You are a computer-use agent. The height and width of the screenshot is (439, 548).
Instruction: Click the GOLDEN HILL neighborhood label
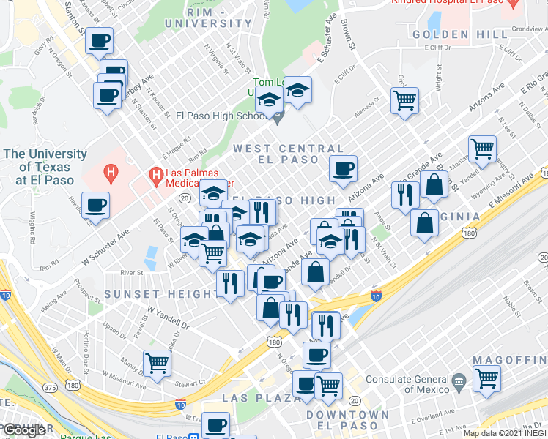[459, 34]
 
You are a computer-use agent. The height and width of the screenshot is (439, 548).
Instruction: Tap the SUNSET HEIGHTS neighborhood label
[160, 294]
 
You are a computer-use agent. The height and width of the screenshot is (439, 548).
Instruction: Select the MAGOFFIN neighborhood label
[509, 361]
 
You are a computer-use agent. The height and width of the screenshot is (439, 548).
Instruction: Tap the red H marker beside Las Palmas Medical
[155, 174]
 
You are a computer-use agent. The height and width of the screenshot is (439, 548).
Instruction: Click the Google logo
[23, 430]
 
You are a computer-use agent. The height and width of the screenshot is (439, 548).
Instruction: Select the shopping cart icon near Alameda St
[404, 100]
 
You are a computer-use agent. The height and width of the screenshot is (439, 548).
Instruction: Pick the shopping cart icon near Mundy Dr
[157, 363]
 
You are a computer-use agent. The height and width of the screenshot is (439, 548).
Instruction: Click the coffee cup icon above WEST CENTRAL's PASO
[343, 169]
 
